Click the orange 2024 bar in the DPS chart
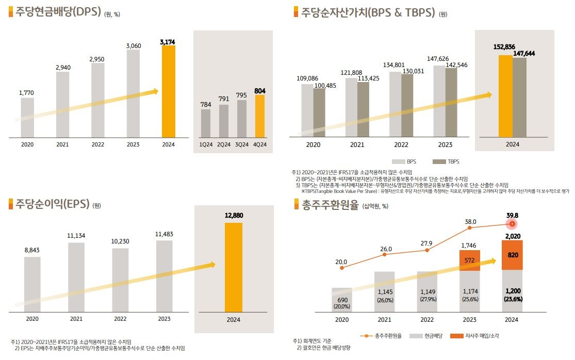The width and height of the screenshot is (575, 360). click(x=168, y=92)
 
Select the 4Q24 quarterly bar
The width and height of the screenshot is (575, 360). click(x=260, y=116)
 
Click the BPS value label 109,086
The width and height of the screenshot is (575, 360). click(x=307, y=78)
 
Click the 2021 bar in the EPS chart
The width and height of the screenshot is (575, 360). click(x=76, y=277)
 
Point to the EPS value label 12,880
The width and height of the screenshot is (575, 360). click(x=234, y=215)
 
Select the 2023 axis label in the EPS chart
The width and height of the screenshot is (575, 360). click(x=164, y=319)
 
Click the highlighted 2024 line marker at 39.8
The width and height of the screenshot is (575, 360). click(x=512, y=224)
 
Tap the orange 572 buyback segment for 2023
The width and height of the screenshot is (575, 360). click(x=470, y=260)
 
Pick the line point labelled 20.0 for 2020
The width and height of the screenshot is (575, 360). click(x=341, y=268)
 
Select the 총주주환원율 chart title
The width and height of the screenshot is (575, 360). click(x=330, y=205)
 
